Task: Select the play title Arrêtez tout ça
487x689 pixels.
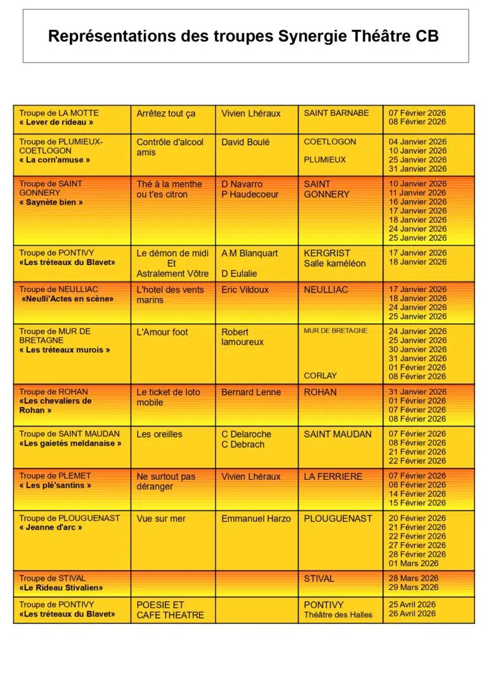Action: pyautogui.click(x=166, y=113)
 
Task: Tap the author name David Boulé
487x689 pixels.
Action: pyautogui.click(x=245, y=142)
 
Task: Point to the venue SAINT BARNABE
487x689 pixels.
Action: pyautogui.click(x=336, y=113)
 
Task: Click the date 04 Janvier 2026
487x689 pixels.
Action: pyautogui.click(x=417, y=142)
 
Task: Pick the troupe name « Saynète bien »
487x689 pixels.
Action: pyautogui.click(x=51, y=202)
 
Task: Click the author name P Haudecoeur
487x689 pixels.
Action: pyautogui.click(x=250, y=195)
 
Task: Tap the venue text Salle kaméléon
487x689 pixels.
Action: pyautogui.click(x=334, y=263)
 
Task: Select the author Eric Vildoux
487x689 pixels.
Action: pyautogui.click(x=245, y=290)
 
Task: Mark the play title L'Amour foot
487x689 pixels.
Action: pyautogui.click(x=162, y=332)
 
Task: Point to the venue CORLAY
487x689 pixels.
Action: pyautogui.click(x=320, y=375)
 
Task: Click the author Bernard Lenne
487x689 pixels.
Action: pyautogui.click(x=251, y=392)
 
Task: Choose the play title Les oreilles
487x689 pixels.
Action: pyautogui.click(x=159, y=434)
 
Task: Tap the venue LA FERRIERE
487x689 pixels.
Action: pyautogui.click(x=333, y=476)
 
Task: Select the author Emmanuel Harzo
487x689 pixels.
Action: pyautogui.click(x=256, y=518)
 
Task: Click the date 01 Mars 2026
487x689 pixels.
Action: pyautogui.click(x=413, y=563)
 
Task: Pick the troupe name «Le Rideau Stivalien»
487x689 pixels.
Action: pyautogui.click(x=61, y=588)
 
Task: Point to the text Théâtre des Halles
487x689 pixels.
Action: pyautogui.click(x=338, y=614)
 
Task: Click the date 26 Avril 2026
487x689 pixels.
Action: pyautogui.click(x=412, y=613)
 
